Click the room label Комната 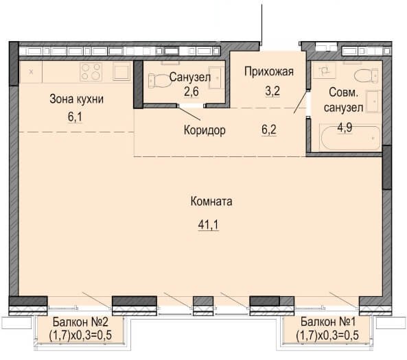[x=211, y=202]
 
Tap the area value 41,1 [x=208, y=224]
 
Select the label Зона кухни [x=77, y=99]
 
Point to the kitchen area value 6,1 [x=75, y=117]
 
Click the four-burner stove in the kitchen [x=91, y=71]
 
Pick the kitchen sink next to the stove [x=121, y=71]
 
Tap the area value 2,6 [x=191, y=91]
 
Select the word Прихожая [x=269, y=71]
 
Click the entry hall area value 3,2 [x=272, y=91]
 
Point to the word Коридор [x=205, y=130]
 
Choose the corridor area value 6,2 [x=269, y=130]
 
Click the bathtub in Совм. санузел [x=351, y=139]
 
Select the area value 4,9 [x=345, y=128]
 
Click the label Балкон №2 [x=80, y=322]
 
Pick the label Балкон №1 [x=328, y=322]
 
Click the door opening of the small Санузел [x=191, y=106]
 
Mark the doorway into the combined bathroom [x=308, y=104]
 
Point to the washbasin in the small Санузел [x=216, y=77]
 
